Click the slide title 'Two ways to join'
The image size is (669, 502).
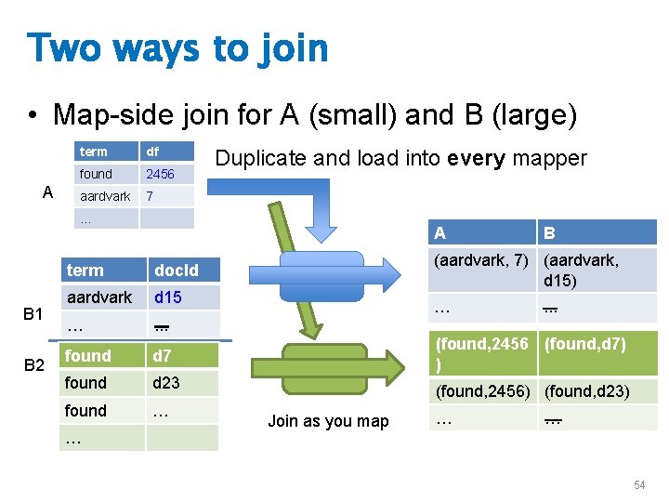(177, 47)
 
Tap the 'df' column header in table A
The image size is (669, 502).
(153, 152)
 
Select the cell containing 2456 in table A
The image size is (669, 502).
(161, 174)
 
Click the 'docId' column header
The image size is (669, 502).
(177, 271)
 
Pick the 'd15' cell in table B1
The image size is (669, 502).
(168, 297)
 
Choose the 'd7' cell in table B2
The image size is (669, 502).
(164, 355)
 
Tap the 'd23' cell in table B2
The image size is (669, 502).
(168, 383)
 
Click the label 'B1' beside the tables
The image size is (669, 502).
(33, 314)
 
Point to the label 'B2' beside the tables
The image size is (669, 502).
(33, 364)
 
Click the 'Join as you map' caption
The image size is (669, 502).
(328, 421)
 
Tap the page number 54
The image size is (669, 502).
(639, 485)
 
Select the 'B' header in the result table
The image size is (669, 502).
(550, 233)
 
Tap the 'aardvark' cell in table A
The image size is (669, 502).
(105, 196)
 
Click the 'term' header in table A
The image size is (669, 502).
(94, 152)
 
